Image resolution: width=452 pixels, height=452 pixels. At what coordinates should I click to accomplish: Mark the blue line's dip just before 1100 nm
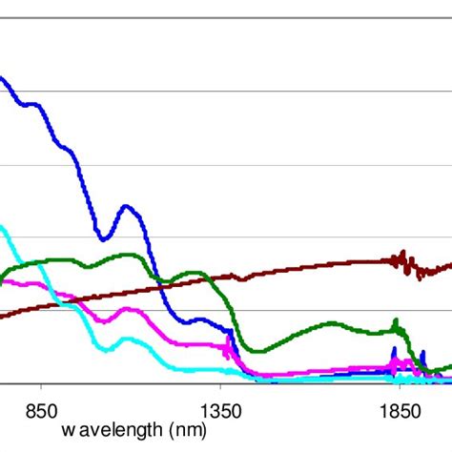pyautogui.click(x=105, y=238)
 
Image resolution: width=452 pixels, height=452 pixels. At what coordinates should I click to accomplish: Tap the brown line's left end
pyautogui.click(x=2, y=315)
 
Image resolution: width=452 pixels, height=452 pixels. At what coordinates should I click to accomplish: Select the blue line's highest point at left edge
pyautogui.click(x=2, y=78)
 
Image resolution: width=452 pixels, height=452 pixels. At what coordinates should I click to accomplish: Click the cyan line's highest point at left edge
pyautogui.click(x=2, y=227)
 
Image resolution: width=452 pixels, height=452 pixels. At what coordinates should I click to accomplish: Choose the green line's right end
pyautogui.click(x=449, y=364)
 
